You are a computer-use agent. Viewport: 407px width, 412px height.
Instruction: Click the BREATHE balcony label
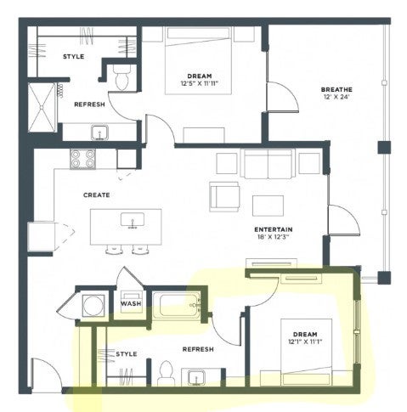click(x=336, y=90)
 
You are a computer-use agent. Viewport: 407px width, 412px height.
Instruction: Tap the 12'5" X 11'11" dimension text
click(x=200, y=83)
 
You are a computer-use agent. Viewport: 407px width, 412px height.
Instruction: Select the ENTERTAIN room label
click(x=274, y=229)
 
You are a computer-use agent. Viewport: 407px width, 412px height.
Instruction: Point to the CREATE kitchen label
click(x=97, y=195)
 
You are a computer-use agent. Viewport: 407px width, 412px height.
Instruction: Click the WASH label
click(x=131, y=304)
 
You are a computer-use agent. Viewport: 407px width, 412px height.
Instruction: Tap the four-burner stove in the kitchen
click(x=82, y=159)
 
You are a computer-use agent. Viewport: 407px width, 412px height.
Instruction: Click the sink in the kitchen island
click(x=133, y=221)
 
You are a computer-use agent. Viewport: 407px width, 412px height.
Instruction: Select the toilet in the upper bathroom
click(x=122, y=77)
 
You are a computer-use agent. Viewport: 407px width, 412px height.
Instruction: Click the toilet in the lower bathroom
click(x=166, y=373)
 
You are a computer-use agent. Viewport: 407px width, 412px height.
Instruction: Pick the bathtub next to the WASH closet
click(x=177, y=306)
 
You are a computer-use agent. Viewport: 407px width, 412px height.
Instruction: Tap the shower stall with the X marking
click(x=42, y=107)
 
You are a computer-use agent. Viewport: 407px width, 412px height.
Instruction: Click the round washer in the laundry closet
click(x=93, y=306)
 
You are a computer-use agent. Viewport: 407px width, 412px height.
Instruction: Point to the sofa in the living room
click(x=269, y=164)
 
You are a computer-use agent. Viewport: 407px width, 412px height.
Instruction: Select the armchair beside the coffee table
click(x=224, y=197)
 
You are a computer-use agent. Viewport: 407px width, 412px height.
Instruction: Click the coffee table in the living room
click(x=268, y=206)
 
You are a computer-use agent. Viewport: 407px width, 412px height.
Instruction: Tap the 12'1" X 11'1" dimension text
click(x=305, y=341)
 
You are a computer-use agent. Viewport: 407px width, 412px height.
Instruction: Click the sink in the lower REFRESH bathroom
click(x=196, y=377)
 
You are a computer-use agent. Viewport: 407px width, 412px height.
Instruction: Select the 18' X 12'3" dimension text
click(x=272, y=237)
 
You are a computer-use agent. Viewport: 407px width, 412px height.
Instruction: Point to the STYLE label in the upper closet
click(x=74, y=57)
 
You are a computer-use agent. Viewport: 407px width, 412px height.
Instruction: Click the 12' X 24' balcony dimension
click(x=336, y=97)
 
